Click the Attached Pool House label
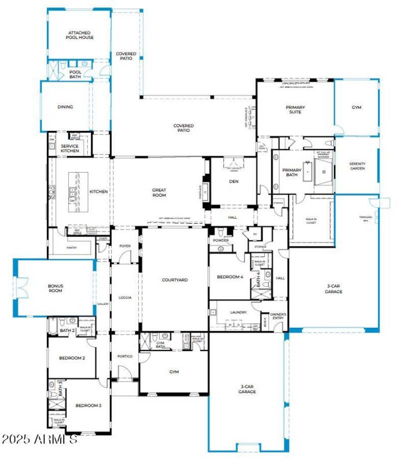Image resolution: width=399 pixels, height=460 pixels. [80, 35]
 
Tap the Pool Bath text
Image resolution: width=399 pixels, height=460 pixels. [75, 74]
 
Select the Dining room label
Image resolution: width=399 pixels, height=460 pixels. [65, 107]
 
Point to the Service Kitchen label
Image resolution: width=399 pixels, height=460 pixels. [70, 148]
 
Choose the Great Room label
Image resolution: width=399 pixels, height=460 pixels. [159, 192]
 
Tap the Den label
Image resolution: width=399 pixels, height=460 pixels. [233, 181]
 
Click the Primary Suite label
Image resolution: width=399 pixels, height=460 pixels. [295, 109]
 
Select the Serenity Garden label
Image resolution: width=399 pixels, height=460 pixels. [357, 166]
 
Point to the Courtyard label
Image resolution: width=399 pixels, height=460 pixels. [175, 280]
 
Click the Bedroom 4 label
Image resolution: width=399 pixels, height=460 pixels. [230, 277]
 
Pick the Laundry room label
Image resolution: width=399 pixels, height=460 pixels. [238, 312]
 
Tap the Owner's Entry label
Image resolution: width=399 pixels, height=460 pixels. [278, 316]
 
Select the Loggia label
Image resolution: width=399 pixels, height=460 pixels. [125, 297]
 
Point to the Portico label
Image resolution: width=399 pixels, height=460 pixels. [125, 356]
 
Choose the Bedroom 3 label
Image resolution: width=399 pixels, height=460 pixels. [88, 406]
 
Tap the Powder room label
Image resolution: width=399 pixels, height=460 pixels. [221, 240]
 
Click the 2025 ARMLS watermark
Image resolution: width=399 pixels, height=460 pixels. [39, 440]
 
